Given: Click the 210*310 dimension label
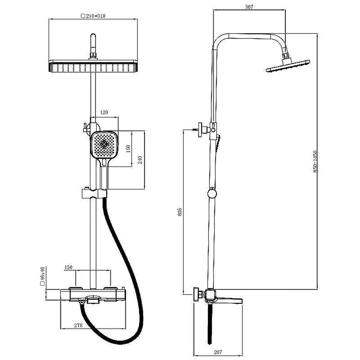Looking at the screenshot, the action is (95, 16).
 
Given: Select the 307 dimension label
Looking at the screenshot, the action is (249, 7).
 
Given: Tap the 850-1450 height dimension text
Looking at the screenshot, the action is (315, 162).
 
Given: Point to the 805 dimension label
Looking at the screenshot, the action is (180, 211).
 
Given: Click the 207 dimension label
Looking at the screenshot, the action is (218, 352).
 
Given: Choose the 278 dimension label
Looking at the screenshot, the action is (78, 325).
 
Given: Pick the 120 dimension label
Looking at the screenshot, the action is (104, 112).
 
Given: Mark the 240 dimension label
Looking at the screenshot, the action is (140, 160).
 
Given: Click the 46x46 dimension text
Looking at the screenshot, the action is (42, 273).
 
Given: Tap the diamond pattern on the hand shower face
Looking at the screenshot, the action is (104, 144).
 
